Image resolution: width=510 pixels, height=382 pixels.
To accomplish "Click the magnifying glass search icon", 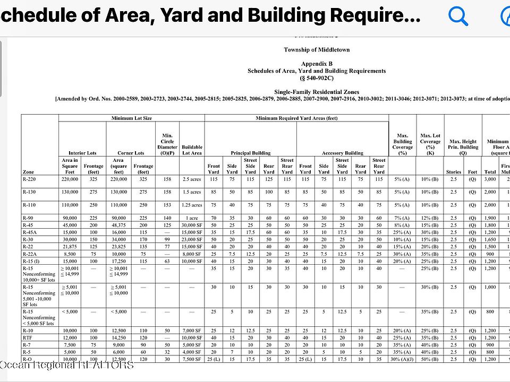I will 458,16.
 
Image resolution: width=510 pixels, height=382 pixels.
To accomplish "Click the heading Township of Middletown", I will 317,50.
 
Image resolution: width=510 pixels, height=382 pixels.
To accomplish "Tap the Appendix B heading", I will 317,64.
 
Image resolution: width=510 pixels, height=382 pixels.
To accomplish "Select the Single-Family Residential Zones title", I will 317,92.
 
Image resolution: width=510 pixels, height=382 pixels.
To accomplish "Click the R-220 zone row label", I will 29,179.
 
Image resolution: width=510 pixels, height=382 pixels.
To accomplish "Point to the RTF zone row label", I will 28,337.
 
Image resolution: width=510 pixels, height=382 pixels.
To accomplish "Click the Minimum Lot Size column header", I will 131,118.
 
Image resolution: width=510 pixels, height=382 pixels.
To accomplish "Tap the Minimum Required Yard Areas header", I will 296,118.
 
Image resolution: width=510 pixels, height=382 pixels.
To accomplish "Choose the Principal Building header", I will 250,153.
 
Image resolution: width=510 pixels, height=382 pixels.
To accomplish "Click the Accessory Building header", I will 343,153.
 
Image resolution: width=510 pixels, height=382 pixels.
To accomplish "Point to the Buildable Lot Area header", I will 192,150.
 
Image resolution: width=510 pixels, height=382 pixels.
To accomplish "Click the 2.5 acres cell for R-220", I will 192,179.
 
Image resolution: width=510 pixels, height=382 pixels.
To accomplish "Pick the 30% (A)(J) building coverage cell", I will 402,359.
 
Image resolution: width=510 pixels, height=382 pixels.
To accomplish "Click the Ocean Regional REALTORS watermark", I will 67,365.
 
